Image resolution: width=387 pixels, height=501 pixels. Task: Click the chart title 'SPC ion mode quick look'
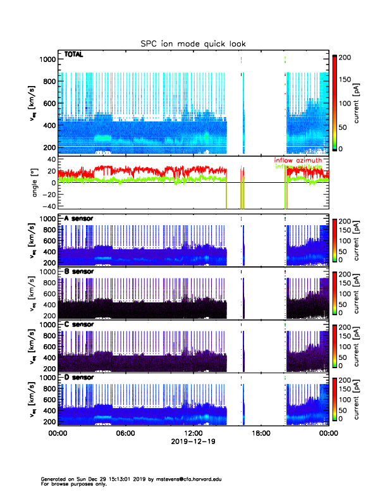click(193, 44)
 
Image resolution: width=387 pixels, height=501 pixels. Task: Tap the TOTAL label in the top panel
click(74, 56)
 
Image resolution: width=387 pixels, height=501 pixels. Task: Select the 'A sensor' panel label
click(79, 219)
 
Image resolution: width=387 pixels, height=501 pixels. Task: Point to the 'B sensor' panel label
click(79, 271)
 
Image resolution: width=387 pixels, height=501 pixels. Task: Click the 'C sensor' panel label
click(79, 325)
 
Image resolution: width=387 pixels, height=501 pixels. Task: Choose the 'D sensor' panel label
click(79, 378)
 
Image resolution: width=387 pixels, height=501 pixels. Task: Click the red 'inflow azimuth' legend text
click(298, 161)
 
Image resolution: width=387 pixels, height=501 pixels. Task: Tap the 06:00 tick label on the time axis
click(125, 433)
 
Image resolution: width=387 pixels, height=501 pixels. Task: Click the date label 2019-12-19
click(193, 442)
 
